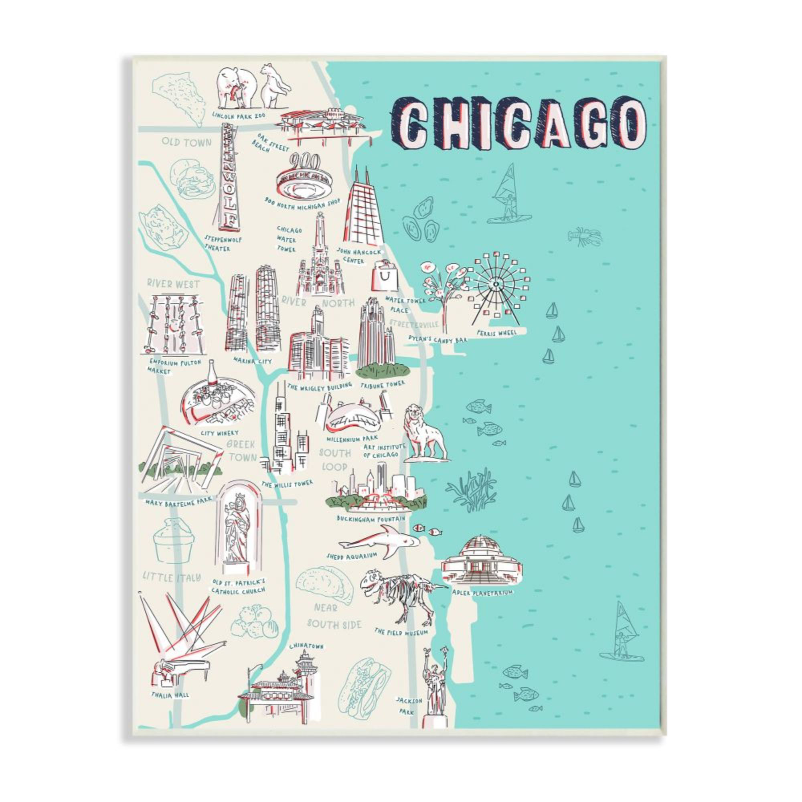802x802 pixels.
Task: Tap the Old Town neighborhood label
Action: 186,142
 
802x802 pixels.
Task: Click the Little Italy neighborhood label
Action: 172,577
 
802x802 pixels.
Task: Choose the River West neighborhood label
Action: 173,284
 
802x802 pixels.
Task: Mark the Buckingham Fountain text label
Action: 371,519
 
